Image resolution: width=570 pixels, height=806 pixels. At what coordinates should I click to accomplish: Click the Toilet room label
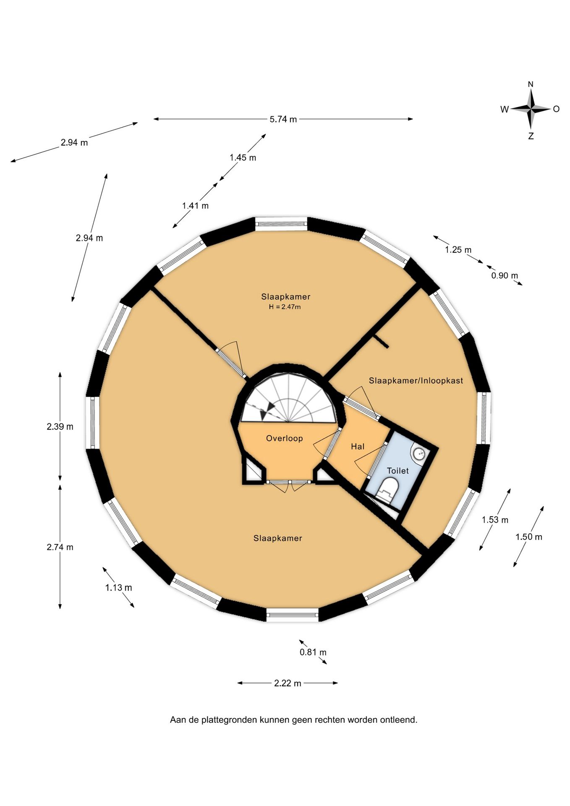[397, 471]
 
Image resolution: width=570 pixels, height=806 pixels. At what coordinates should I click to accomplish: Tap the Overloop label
[284, 438]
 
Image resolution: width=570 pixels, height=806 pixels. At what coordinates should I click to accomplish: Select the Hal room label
[358, 446]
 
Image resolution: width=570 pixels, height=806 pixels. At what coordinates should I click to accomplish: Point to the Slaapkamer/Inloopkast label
[416, 380]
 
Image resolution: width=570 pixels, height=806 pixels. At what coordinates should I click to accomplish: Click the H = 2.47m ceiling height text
[285, 307]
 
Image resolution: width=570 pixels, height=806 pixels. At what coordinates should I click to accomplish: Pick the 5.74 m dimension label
[283, 119]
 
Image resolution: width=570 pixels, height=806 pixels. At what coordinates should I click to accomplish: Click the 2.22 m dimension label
[288, 683]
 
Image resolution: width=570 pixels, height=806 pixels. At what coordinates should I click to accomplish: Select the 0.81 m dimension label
[313, 652]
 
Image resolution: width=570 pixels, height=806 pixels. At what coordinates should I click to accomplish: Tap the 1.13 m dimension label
[118, 587]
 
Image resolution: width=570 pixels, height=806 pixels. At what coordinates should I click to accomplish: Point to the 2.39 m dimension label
[60, 427]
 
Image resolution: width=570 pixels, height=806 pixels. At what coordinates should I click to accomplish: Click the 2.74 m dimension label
[60, 547]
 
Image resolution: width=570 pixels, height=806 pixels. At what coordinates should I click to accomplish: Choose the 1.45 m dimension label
[243, 157]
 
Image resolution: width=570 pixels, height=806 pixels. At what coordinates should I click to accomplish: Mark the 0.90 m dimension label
[505, 275]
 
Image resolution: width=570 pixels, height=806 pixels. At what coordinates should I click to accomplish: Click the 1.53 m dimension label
[495, 520]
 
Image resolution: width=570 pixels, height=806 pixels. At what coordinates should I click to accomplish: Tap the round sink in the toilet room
[418, 453]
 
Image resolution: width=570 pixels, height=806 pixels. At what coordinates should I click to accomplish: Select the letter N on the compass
[531, 84]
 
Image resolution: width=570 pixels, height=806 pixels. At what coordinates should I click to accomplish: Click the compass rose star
[531, 109]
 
